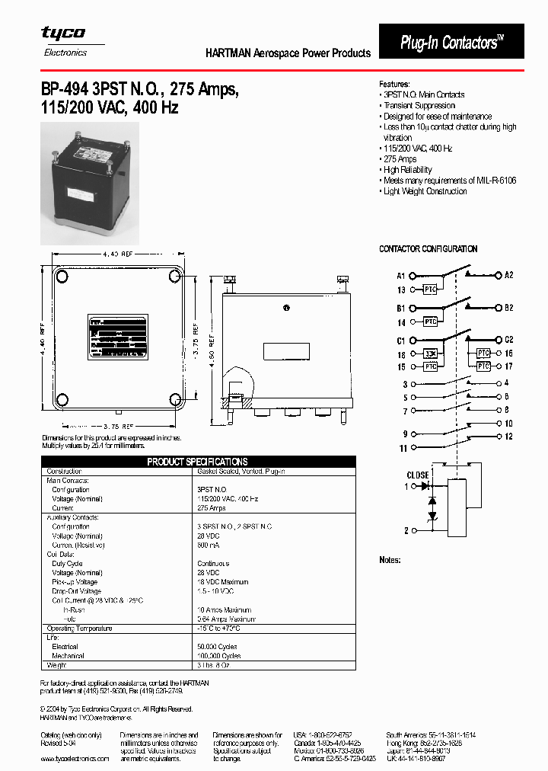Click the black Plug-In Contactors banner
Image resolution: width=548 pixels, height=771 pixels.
(x=451, y=42)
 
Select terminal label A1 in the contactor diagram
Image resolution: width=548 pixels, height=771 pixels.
(x=401, y=275)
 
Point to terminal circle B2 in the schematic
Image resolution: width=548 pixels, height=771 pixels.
(x=499, y=308)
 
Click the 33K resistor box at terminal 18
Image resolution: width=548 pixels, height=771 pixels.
(x=431, y=354)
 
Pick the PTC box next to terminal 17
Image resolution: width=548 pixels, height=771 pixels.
(x=483, y=366)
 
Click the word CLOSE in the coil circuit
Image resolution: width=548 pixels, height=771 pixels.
(x=418, y=475)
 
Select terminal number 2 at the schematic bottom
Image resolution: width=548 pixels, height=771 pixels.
(x=406, y=530)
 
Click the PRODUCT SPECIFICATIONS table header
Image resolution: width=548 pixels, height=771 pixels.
(x=197, y=462)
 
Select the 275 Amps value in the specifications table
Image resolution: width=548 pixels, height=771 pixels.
(x=212, y=508)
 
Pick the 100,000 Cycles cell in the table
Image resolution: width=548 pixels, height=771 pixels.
(x=218, y=655)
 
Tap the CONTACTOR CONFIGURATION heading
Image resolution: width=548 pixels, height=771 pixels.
(x=429, y=249)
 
